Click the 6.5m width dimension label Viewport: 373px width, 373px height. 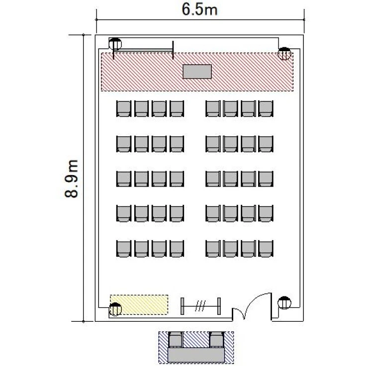(x=199, y=10)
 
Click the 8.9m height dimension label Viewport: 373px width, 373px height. (x=71, y=179)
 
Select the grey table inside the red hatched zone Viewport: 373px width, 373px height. (x=197, y=72)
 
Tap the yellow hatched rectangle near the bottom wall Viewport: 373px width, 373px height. (x=139, y=305)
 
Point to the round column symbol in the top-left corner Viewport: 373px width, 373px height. (x=115, y=44)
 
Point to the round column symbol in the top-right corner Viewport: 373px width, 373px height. (x=284, y=54)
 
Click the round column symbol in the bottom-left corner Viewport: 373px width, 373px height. (x=115, y=309)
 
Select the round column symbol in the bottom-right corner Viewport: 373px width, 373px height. (x=284, y=302)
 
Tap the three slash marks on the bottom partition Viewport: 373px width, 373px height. (x=200, y=306)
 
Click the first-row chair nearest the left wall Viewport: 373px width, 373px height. (x=124, y=109)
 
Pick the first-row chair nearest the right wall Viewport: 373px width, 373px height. (x=266, y=109)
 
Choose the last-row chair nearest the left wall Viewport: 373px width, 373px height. (x=124, y=249)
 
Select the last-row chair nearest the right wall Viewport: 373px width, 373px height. (x=266, y=249)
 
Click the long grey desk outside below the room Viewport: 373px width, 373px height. (x=196, y=355)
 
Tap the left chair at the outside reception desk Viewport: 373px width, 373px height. (x=176, y=340)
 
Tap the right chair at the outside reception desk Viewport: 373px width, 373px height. (x=217, y=340)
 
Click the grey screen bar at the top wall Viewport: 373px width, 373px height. (x=143, y=50)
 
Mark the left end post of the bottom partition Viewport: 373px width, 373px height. (x=182, y=306)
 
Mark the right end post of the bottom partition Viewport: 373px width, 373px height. (x=219, y=306)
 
